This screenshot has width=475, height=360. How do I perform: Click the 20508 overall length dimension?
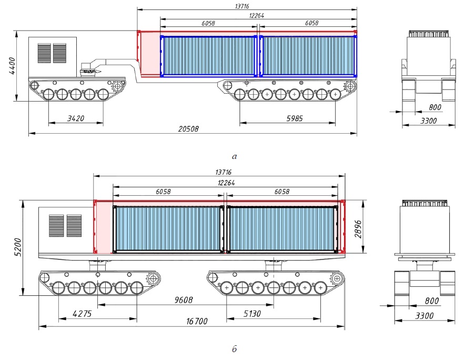(188, 129)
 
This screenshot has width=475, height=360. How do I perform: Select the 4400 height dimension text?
(12, 66)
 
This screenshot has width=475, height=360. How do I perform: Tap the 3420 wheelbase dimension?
(75, 118)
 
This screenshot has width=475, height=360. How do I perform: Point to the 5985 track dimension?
(295, 118)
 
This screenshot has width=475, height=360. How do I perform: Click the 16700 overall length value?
(197, 321)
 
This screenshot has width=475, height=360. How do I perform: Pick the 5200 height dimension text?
(18, 247)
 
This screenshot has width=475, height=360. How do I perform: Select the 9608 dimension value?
(183, 300)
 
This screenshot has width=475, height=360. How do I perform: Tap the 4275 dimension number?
(82, 314)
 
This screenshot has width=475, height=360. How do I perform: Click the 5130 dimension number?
(252, 314)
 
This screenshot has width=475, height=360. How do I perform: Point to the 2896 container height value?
(358, 229)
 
